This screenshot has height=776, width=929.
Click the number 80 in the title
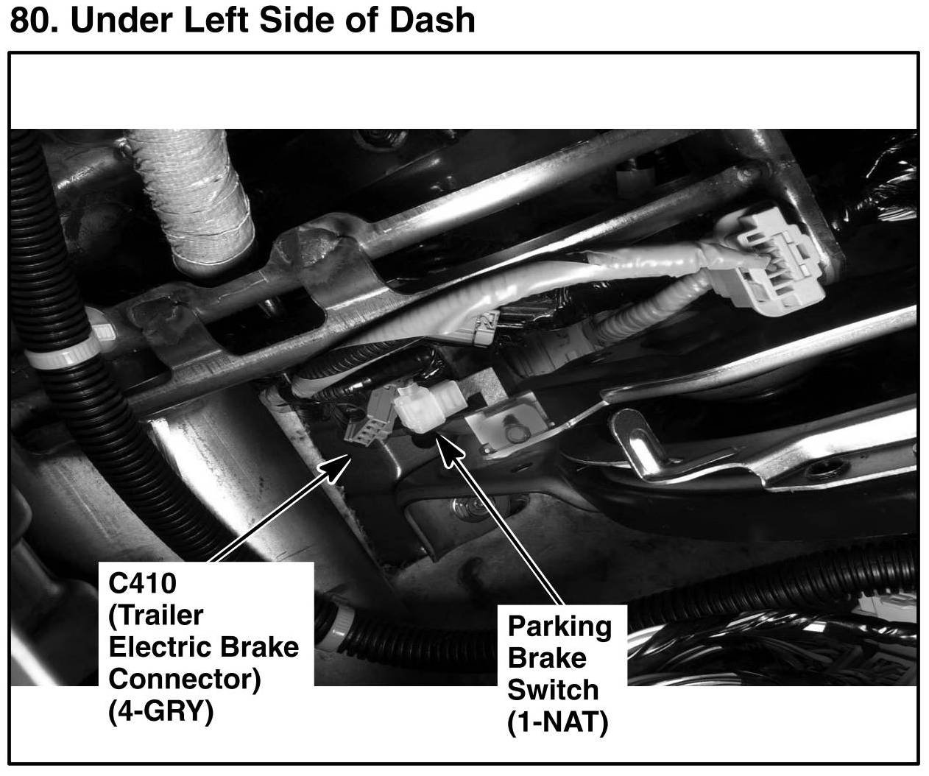[35, 20]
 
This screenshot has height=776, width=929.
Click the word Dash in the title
[432, 20]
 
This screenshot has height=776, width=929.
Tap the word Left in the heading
[216, 20]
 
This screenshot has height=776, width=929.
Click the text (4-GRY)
[160, 711]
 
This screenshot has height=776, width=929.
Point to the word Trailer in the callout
[156, 615]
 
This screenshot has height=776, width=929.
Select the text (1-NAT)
[557, 722]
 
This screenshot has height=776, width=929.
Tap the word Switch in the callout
[553, 690]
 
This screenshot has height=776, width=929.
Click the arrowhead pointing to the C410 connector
[335, 468]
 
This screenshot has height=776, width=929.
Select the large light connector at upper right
[777, 261]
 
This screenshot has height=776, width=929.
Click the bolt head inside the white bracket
[515, 432]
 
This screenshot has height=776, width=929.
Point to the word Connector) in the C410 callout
[185, 680]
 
